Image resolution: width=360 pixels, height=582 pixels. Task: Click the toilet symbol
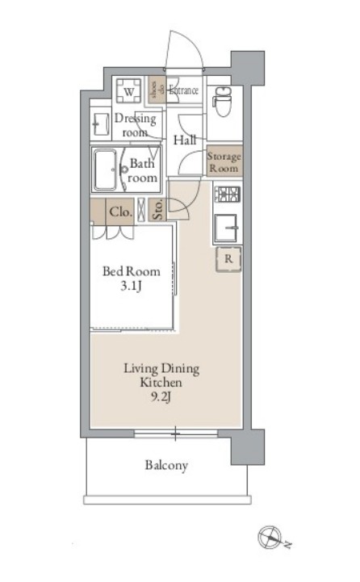pos(223,101)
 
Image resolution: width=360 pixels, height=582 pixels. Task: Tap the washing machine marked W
pos(128,91)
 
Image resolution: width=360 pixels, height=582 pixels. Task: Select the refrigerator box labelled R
pos(228,258)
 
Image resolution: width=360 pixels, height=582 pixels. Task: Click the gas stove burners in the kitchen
pos(228,194)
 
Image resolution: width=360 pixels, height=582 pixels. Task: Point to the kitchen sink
pos(226,228)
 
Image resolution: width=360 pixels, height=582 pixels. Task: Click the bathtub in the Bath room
pos(105,170)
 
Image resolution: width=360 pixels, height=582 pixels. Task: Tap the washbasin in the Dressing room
pos(101,124)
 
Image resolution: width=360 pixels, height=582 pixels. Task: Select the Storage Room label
pos(224,162)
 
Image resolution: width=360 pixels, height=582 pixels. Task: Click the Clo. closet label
pos(120,212)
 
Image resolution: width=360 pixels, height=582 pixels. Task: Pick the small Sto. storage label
pos(157,210)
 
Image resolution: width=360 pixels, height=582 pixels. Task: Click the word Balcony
pos(166,465)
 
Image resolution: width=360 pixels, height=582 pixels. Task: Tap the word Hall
pos(185,140)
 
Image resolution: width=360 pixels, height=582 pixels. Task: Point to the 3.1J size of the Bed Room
pos(131,287)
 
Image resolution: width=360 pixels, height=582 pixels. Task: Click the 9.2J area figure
pos(161,397)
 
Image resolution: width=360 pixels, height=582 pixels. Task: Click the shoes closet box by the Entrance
pos(157,90)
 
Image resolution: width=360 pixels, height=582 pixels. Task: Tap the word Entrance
pos(183,90)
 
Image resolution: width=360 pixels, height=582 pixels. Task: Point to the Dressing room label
pos(135,125)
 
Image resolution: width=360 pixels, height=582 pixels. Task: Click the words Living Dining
pos(161,368)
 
